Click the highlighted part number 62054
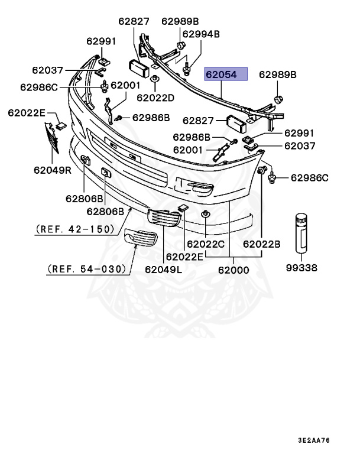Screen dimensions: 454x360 point(225,75)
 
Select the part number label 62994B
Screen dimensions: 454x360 point(200,34)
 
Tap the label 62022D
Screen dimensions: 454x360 point(155,97)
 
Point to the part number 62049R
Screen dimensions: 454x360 point(52,171)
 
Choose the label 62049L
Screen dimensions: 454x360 point(163,270)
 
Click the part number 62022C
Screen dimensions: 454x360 point(206,243)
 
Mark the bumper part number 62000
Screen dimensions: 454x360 point(233,270)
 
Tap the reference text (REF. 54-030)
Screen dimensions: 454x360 point(87,269)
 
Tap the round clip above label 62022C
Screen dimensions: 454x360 point(205,213)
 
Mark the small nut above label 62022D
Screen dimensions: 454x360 point(154,79)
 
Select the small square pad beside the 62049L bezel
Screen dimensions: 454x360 point(182,207)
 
